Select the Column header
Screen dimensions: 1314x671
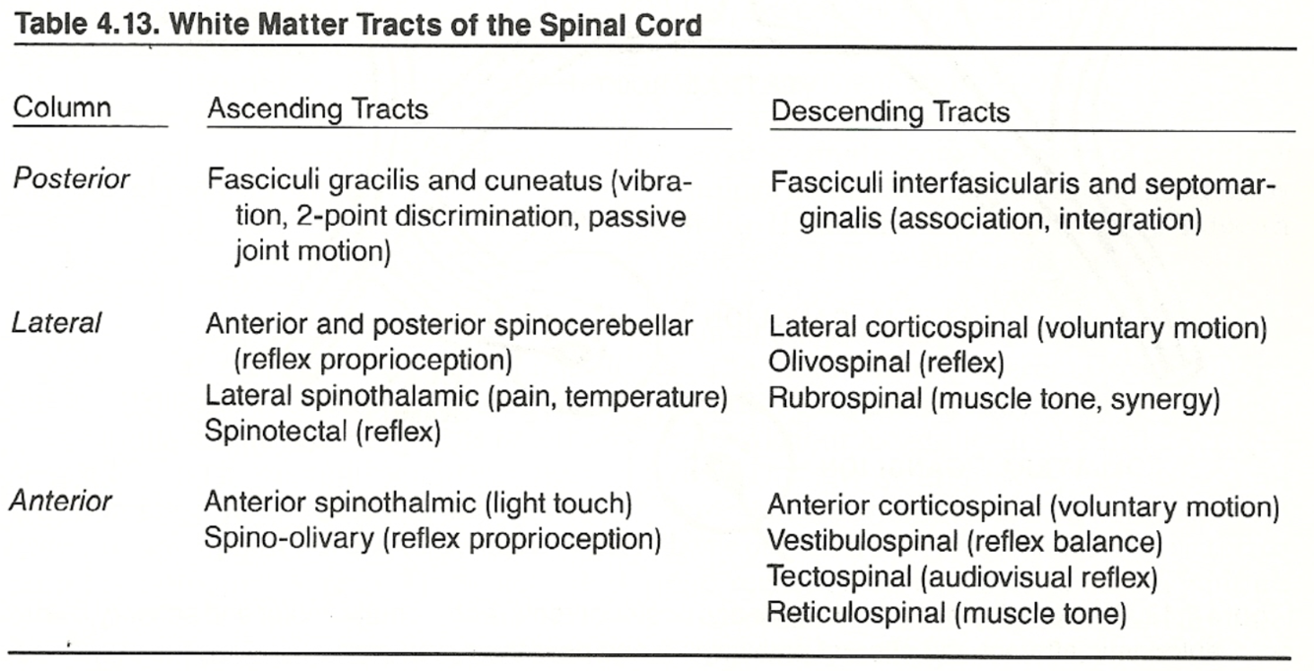point(61,107)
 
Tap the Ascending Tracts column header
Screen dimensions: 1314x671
point(317,108)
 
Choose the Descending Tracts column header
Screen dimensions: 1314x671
point(889,111)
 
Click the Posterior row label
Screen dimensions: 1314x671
point(70,179)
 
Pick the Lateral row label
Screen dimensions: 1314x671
point(56,323)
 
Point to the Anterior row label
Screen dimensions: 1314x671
point(61,501)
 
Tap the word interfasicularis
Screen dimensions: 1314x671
point(998,183)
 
